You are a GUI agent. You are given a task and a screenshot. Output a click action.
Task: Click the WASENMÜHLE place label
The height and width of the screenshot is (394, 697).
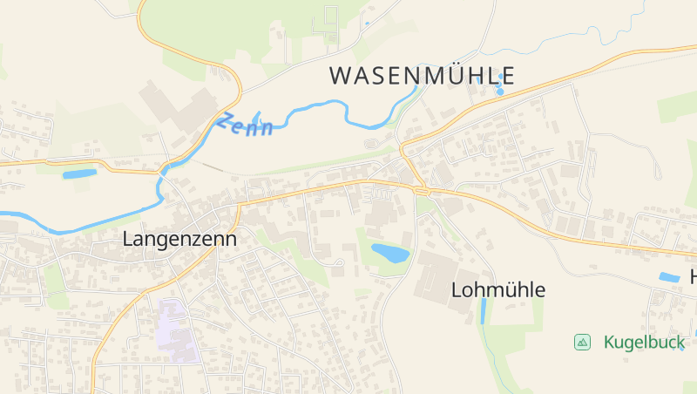(x=422, y=76)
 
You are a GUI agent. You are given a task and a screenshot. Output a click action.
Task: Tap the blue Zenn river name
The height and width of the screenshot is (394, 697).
(x=245, y=125)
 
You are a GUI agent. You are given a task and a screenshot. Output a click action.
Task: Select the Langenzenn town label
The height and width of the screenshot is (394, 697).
(x=179, y=238)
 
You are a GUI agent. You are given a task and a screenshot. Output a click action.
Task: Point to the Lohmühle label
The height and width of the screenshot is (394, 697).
(x=498, y=290)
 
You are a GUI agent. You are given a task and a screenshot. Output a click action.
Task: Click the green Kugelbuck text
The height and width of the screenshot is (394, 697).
(x=644, y=343)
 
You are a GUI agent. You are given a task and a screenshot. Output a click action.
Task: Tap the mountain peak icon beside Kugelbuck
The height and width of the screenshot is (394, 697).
(x=582, y=343)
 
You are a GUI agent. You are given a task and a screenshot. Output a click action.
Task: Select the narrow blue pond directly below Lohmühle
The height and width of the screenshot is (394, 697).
(x=484, y=310)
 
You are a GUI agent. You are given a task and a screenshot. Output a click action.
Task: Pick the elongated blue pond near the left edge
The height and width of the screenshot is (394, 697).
(x=79, y=173)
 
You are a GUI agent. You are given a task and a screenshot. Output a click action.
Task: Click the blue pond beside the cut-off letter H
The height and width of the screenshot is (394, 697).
(x=669, y=277)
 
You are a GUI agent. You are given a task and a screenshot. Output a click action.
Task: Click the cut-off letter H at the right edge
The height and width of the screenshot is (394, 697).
(x=693, y=277)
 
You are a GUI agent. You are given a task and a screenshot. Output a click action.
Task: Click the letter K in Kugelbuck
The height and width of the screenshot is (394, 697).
(x=610, y=343)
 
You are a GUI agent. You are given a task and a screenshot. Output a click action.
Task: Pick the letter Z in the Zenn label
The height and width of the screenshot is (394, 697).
(x=225, y=120)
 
